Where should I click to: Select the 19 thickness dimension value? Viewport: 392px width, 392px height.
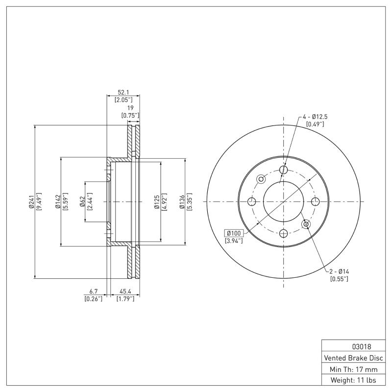(x=130, y=109)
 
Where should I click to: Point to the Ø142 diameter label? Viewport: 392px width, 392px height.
(x=58, y=201)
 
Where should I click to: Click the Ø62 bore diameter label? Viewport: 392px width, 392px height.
(x=82, y=201)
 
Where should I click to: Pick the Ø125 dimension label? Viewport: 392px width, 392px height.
(x=157, y=201)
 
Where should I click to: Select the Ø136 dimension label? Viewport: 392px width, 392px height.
(x=182, y=201)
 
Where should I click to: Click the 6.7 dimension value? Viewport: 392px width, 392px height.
(x=93, y=292)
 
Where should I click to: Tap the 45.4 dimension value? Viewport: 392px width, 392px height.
(x=125, y=292)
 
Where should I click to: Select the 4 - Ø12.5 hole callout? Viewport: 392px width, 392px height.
(x=315, y=117)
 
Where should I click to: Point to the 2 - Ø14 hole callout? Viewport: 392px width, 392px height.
(x=339, y=271)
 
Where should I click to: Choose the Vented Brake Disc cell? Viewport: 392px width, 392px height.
(x=352, y=358)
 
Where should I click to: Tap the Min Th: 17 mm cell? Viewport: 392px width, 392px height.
(x=352, y=369)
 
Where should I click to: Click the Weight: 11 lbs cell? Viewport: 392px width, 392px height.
(x=352, y=380)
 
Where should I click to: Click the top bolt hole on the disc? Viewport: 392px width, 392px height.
(x=284, y=170)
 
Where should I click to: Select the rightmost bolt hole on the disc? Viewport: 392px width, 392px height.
(x=315, y=201)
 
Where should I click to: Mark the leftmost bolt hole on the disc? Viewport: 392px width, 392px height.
(x=252, y=201)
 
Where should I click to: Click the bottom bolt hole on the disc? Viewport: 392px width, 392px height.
(x=284, y=233)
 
